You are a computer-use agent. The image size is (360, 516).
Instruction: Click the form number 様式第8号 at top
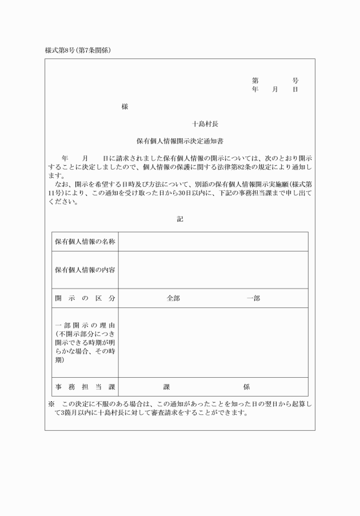61,50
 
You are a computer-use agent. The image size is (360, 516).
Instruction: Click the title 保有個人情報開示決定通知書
180,140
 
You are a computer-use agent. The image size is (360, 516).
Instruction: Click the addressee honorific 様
125,106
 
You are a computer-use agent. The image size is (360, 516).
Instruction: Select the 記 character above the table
180,219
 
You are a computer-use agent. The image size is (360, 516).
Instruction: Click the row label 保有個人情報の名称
85,242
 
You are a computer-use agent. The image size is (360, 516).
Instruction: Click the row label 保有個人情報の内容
85,270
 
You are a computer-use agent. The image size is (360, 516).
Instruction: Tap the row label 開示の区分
85,298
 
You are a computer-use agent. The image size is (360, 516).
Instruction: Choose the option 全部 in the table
173,298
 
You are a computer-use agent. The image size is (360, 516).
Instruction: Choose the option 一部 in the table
253,298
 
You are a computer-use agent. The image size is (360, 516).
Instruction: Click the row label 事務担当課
85,387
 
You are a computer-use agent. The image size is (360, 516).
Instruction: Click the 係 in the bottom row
246,387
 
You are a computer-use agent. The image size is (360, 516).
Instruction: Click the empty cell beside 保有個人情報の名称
213,242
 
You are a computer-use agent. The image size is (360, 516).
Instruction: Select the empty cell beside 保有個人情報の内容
213,270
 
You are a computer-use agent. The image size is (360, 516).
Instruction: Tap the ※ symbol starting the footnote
51,404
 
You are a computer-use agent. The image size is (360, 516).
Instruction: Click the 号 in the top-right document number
295,81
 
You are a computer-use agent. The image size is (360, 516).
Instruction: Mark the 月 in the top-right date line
275,90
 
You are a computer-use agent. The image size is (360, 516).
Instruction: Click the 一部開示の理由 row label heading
85,326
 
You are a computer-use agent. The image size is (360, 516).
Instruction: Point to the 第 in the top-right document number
255,81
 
